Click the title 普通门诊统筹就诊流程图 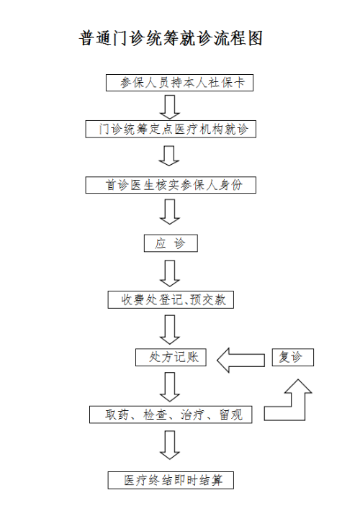pyautogui.click(x=171, y=39)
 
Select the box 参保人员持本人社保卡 pyautogui.click(x=179, y=83)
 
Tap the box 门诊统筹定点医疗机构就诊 pyautogui.click(x=171, y=129)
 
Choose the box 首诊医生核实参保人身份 pyautogui.click(x=171, y=185)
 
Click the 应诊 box pyautogui.click(x=171, y=243)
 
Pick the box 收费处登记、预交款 pyautogui.click(x=171, y=299)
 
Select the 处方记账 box pyautogui.click(x=171, y=358)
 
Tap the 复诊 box pyautogui.click(x=293, y=358)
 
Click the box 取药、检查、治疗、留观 pyautogui.click(x=171, y=415)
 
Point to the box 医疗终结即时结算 pyautogui.click(x=171, y=480)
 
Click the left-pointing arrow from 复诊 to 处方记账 pyautogui.click(x=240, y=360)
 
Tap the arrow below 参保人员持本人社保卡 pyautogui.click(x=170, y=107)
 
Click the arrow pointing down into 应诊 pyautogui.click(x=170, y=212)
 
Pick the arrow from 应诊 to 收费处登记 pyautogui.click(x=170, y=273)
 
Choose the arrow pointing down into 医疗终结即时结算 pyautogui.click(x=170, y=445)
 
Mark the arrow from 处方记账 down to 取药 pyautogui.click(x=170, y=387)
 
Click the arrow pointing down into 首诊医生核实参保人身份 pyautogui.click(x=169, y=155)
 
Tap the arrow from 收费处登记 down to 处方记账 pyautogui.click(x=170, y=330)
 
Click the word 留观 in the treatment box pyautogui.click(x=231, y=415)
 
